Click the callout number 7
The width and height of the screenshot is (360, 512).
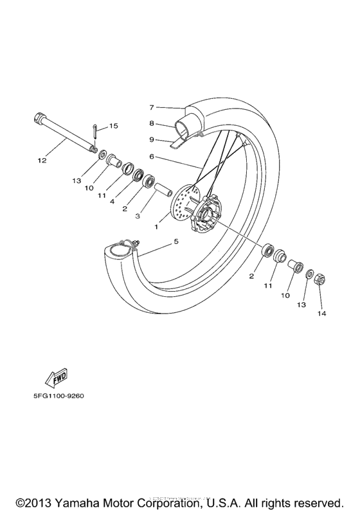152,107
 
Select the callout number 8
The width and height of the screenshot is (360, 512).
152,123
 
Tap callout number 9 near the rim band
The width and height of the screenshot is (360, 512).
152,139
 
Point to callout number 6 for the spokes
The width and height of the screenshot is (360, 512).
152,156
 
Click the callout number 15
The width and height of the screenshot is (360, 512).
114,127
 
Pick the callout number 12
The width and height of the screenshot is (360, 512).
42,161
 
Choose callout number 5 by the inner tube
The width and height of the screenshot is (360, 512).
175,242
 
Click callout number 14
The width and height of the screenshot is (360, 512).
321,314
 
